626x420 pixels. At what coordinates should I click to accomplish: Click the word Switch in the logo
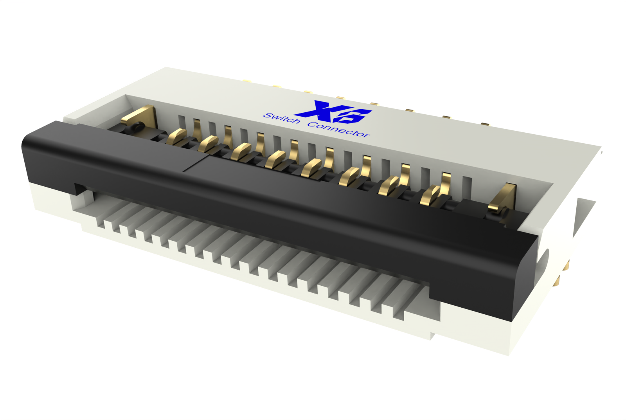tap(281, 119)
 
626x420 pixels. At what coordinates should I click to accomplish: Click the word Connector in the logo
tap(338, 130)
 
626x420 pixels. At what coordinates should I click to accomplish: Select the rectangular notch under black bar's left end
tap(81, 189)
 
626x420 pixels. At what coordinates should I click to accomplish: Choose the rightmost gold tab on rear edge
tap(485, 124)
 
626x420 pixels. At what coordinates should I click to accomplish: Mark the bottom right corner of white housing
tap(509, 355)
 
